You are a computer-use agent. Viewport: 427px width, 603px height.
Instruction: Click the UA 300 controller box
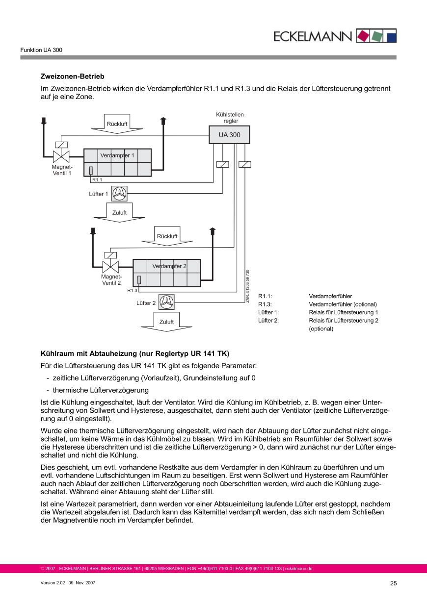point(229,135)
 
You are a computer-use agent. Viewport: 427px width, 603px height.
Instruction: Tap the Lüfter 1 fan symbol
point(119,194)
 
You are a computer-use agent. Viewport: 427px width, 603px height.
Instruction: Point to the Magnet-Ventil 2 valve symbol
point(110,267)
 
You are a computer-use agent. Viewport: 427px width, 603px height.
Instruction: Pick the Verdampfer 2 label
point(169,266)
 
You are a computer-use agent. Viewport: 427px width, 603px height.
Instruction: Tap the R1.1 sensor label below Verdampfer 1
point(97,180)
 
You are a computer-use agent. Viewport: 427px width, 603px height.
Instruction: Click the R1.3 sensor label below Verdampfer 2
point(132,291)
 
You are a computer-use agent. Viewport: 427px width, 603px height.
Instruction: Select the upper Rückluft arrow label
point(117,124)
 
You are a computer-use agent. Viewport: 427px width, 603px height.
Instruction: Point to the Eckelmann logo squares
point(376,35)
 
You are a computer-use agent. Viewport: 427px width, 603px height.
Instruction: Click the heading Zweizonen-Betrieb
point(72,76)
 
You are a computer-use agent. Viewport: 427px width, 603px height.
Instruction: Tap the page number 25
point(393,583)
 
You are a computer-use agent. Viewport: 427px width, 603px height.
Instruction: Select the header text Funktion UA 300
point(41,50)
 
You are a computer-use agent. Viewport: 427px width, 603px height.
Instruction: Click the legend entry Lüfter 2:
point(268,321)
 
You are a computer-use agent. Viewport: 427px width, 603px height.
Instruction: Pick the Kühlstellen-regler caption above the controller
point(231,118)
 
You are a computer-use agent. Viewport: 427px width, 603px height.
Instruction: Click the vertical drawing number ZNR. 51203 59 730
point(248,286)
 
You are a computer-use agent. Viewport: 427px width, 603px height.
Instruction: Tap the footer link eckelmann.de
point(299,569)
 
